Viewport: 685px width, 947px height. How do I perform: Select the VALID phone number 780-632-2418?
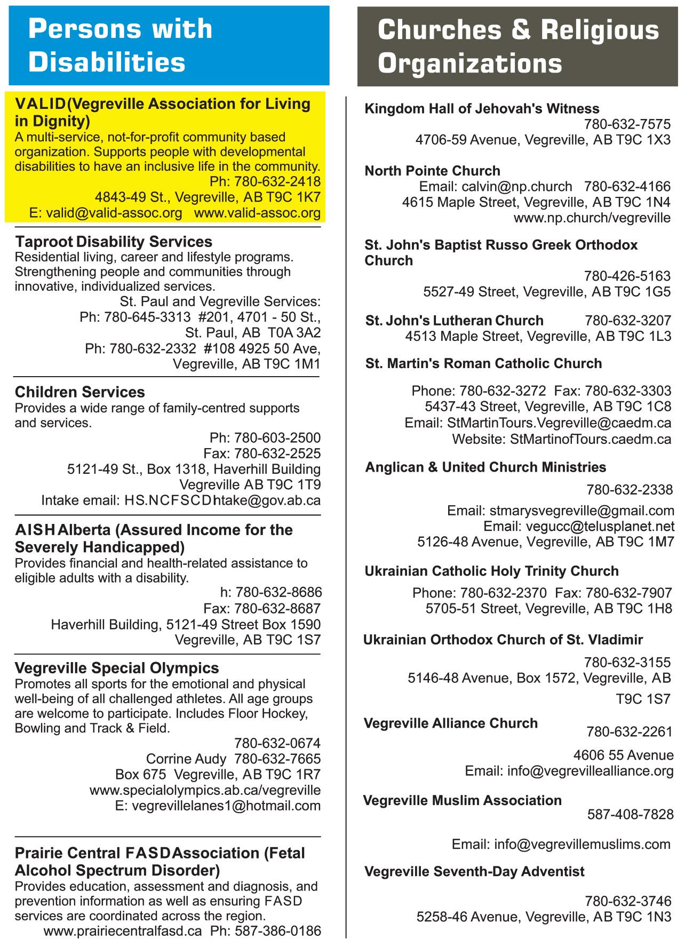pyautogui.click(x=277, y=181)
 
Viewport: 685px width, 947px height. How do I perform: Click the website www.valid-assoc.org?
pyautogui.click(x=257, y=213)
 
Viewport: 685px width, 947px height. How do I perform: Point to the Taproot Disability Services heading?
pyautogui.click(x=113, y=242)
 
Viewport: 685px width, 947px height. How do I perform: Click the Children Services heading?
pyautogui.click(x=79, y=392)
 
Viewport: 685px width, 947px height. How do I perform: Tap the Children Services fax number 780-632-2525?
pyautogui.click(x=277, y=453)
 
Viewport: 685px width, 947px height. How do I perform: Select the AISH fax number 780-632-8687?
pyautogui.click(x=277, y=608)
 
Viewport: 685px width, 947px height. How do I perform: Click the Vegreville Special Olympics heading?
pyautogui.click(x=117, y=668)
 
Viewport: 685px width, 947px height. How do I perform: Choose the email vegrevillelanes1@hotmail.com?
pyautogui.click(x=226, y=806)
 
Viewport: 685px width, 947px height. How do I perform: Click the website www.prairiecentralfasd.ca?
pyautogui.click(x=123, y=932)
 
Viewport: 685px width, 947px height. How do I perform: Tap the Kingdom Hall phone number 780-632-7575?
pyautogui.click(x=627, y=124)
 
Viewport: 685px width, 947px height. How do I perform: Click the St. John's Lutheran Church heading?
pyautogui.click(x=455, y=321)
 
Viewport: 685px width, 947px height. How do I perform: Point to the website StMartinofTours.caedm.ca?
pyautogui.click(x=591, y=439)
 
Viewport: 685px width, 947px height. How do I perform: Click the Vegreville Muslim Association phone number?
pyautogui.click(x=630, y=815)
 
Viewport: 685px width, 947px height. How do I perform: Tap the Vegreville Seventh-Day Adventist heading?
pyautogui.click(x=474, y=871)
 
